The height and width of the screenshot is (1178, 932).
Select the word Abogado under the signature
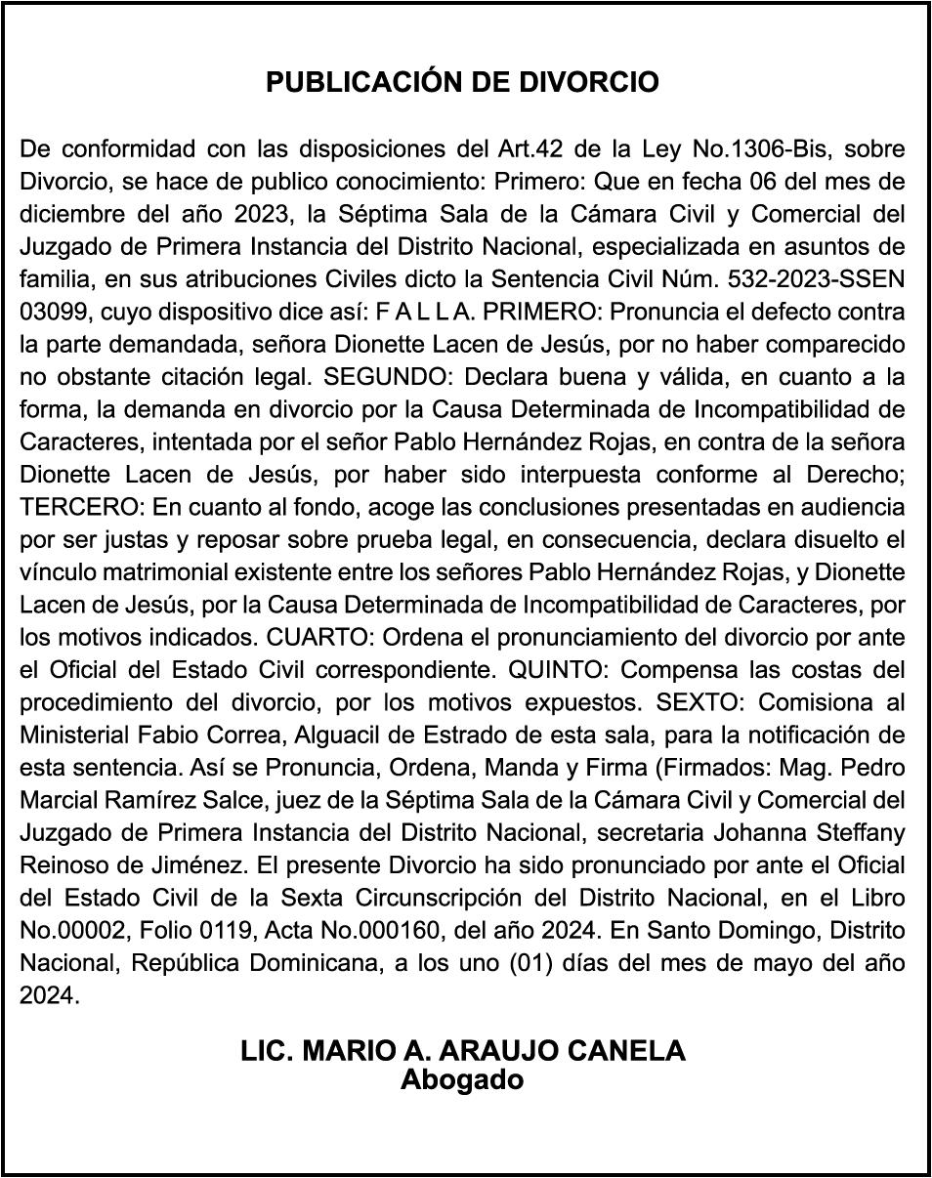pyautogui.click(x=462, y=1080)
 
